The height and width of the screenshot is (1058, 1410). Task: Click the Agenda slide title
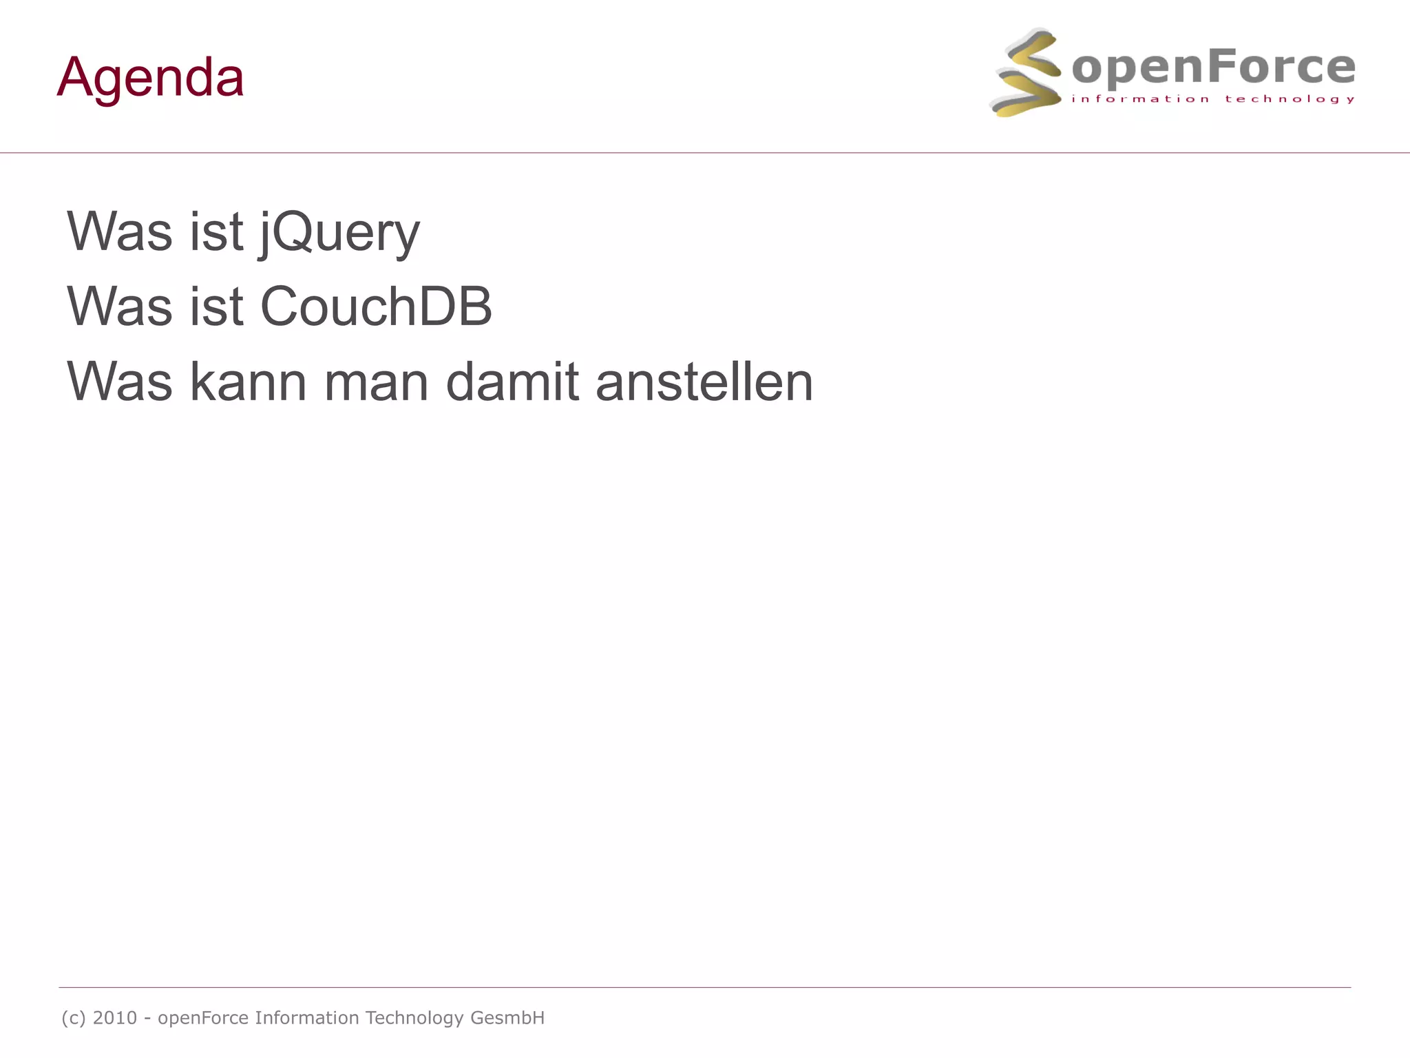click(x=150, y=77)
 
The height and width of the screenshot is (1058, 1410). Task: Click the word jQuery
click(x=339, y=232)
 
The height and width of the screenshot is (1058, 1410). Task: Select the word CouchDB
click(x=376, y=307)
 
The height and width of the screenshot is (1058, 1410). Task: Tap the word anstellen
click(x=704, y=382)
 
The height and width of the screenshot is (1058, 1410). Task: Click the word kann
click(x=248, y=382)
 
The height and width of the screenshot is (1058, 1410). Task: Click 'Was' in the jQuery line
click(x=120, y=232)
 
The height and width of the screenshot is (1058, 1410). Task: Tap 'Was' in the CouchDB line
click(x=120, y=307)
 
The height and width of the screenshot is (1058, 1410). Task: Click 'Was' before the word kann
click(x=120, y=382)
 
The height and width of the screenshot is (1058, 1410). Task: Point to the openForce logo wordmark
click(x=1213, y=68)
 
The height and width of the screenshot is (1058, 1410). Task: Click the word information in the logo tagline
click(x=1140, y=99)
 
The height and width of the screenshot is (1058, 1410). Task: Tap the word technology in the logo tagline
click(x=1290, y=99)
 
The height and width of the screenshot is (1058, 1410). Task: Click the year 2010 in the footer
click(x=115, y=1017)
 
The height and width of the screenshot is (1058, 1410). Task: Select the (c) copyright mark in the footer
click(x=74, y=1017)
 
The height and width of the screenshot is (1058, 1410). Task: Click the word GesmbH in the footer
click(x=507, y=1017)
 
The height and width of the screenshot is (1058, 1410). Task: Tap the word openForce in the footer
click(x=203, y=1018)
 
